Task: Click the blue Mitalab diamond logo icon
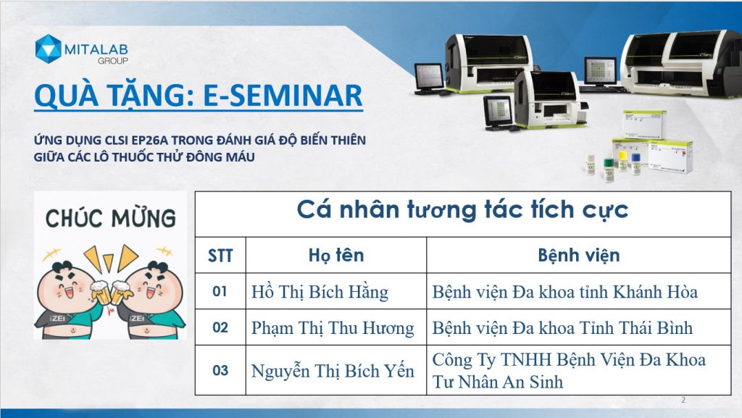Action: click(x=49, y=49)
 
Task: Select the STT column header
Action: click(x=220, y=256)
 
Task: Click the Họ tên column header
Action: click(x=336, y=255)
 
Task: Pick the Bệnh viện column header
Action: click(x=579, y=255)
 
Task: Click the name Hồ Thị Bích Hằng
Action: click(x=320, y=292)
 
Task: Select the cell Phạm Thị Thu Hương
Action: click(x=332, y=327)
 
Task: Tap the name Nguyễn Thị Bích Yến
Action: click(x=332, y=371)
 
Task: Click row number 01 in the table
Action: click(x=220, y=292)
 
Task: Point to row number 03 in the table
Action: click(x=220, y=370)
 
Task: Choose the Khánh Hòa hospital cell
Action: click(x=565, y=292)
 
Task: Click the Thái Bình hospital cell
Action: click(x=562, y=327)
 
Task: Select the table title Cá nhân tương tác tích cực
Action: click(x=462, y=209)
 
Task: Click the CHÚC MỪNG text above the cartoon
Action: click(x=111, y=218)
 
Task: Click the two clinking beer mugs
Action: click(x=110, y=293)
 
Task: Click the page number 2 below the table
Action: click(x=683, y=400)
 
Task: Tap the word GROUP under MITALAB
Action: click(x=112, y=61)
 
